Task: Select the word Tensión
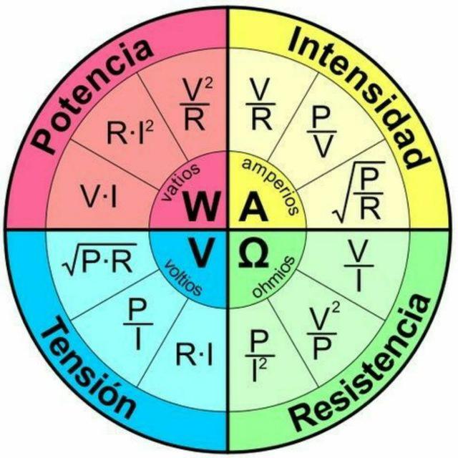pos(88,368)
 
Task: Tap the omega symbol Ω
pos(253,253)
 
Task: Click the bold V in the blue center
pos(203,253)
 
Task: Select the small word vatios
pos(180,182)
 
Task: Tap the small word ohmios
pos(273,276)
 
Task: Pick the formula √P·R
pos(99,259)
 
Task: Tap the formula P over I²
pos(259,356)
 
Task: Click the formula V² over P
pos(323,330)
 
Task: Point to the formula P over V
pos(321,132)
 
